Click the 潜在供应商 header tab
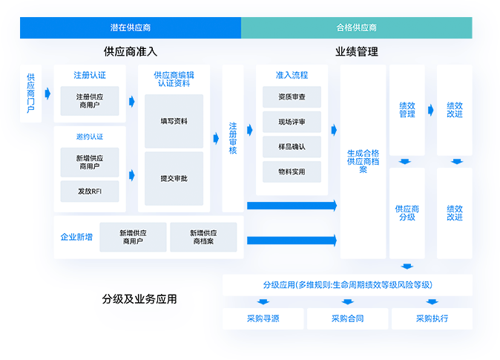pos(131,28)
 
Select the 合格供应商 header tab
pos(357,28)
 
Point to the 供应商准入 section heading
pos(131,52)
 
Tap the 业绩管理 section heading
pos(357,52)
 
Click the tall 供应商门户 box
pos(30,94)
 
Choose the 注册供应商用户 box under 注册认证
pos(90,101)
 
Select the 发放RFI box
pos(90,192)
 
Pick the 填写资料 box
pos(174,121)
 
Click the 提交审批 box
pos(174,179)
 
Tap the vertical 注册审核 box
pos(233,138)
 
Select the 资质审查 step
pos(292,97)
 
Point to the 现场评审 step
pos(292,122)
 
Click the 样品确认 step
pos(292,146)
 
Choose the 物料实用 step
pos(292,171)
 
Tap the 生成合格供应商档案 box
pos(363,161)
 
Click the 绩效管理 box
pos(407,110)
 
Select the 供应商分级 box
pos(407,213)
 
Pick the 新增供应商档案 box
pos(203,237)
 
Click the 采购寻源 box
pos(263,318)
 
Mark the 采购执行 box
pos(432,318)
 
